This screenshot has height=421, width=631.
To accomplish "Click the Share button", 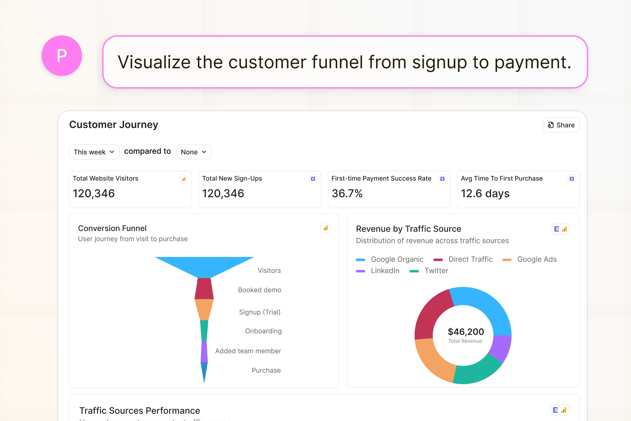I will click(x=561, y=125).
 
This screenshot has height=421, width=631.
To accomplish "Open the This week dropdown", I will click(x=94, y=152).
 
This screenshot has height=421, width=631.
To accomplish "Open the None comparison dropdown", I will click(x=194, y=152).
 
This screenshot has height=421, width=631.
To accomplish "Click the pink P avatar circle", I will click(x=62, y=56).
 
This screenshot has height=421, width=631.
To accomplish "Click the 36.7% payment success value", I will click(x=347, y=193).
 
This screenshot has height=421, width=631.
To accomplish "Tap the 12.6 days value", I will click(x=485, y=193).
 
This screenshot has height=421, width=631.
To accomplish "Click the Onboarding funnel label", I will click(x=263, y=331).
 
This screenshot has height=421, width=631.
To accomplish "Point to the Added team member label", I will click(x=248, y=351).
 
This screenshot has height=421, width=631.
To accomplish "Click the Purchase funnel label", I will click(x=266, y=370).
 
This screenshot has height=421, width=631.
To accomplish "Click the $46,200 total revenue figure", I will click(x=466, y=332).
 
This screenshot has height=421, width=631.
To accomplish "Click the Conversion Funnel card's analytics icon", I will click(x=325, y=228).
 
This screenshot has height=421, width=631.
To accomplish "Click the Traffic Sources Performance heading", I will click(x=140, y=411).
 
